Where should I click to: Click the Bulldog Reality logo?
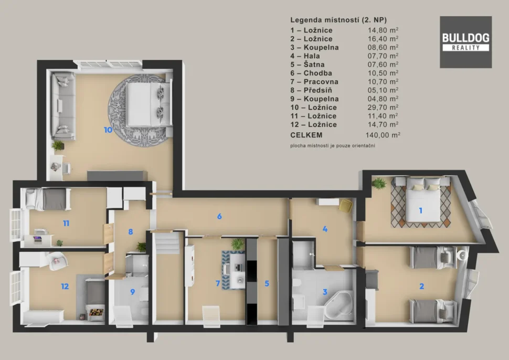pos(465,42)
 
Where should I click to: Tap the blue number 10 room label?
pos(108,130)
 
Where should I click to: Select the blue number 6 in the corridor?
pos(219,216)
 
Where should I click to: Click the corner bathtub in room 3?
pos(339,305)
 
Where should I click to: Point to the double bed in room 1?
pos(422,199)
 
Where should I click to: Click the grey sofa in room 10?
pos(63,106)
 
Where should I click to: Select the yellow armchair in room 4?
pos(346,206)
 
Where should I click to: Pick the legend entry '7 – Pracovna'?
pos(314,82)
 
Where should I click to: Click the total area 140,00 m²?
pos(383,135)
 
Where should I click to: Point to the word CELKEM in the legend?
pos(306,135)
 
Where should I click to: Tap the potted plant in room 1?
pos(379,183)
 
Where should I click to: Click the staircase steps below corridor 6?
pos(167,243)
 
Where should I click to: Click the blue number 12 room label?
pos(65,287)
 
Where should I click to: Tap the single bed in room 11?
pos(48,199)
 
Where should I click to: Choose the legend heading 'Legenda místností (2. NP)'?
pos(338,20)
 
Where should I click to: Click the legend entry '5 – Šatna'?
pos(307,65)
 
